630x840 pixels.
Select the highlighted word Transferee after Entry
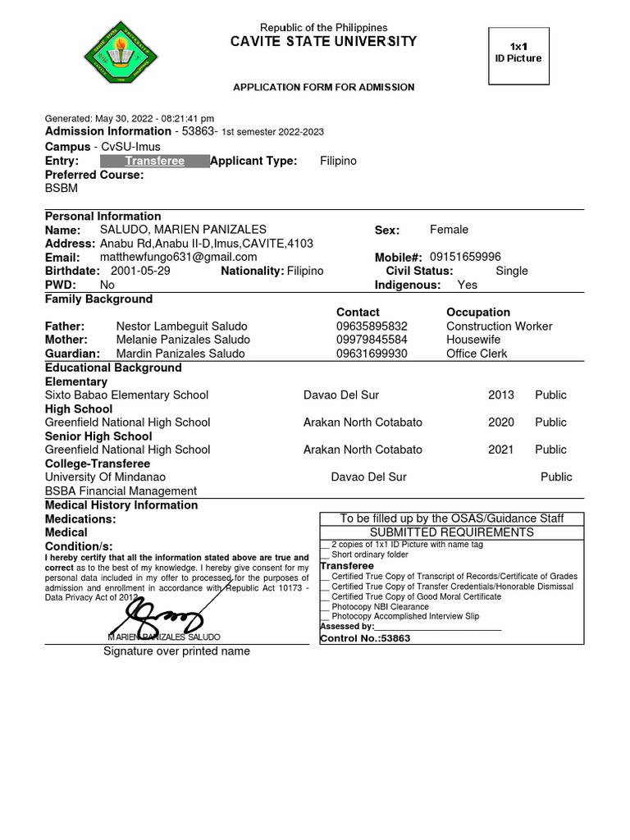pos(154,161)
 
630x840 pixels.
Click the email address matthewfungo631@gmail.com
pos(178,258)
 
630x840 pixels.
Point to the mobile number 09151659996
pos(465,258)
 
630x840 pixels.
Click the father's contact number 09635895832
pos(372,326)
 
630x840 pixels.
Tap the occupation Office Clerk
pos(477,354)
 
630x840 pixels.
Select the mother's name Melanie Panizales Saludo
pos(182,340)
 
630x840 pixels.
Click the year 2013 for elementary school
pos(500,395)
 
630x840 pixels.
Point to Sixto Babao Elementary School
pos(126,395)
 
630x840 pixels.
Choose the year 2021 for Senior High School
pos(500,450)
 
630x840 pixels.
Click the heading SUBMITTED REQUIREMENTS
pos(452,532)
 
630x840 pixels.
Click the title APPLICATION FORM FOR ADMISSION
pos(324,87)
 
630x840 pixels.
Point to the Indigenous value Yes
pos(467,285)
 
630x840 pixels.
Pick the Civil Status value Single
pos(512,271)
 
